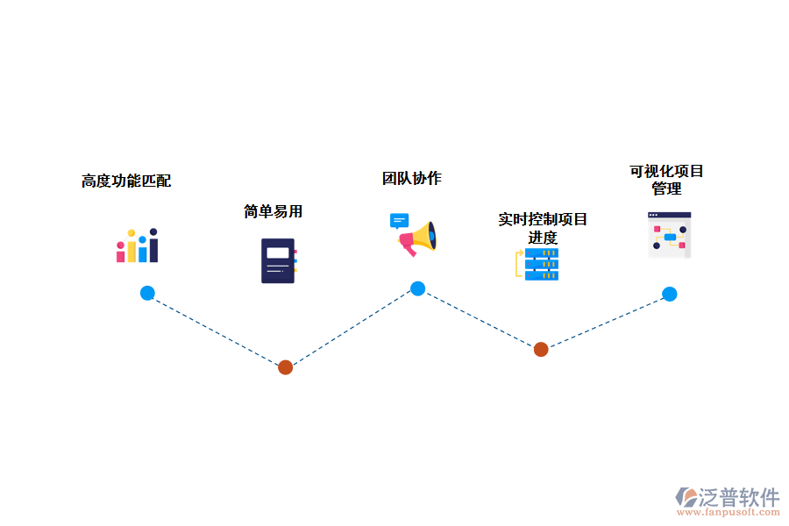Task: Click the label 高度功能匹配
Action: tap(126, 181)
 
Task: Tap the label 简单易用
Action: tap(273, 211)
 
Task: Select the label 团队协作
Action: tap(411, 179)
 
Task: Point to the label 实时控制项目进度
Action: tap(543, 228)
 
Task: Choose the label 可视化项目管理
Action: tap(666, 180)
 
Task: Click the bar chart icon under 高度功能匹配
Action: tap(137, 246)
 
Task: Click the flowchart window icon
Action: tap(669, 235)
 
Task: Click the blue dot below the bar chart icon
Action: tap(147, 293)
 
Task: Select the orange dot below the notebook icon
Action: tap(285, 367)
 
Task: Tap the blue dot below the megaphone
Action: tap(418, 288)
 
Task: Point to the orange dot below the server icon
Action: tap(541, 349)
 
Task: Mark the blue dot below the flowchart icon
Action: tap(669, 294)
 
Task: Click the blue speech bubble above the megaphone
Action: tap(400, 221)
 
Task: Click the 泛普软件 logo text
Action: tap(739, 497)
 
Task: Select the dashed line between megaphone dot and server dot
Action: tap(480, 319)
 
